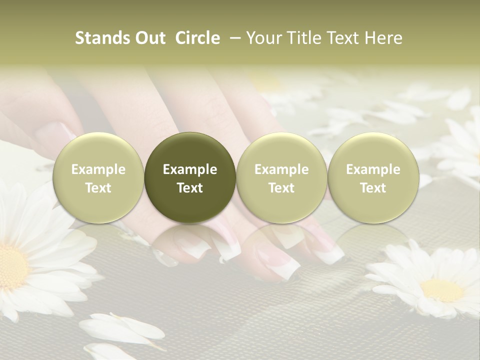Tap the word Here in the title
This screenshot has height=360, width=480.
tap(383, 38)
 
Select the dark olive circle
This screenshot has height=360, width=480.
tap(190, 177)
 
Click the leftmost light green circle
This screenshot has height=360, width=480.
tap(98, 177)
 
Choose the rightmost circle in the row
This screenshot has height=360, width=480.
tap(373, 177)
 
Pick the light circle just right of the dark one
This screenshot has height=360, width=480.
tap(281, 177)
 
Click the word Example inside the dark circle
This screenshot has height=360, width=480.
tap(190, 169)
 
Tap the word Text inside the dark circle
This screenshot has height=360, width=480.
tap(190, 188)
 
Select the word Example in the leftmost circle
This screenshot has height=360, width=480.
tap(98, 169)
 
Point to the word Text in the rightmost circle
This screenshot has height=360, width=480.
tap(373, 188)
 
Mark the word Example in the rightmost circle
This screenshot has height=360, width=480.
tap(373, 169)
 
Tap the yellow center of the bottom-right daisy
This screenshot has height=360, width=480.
tap(442, 290)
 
